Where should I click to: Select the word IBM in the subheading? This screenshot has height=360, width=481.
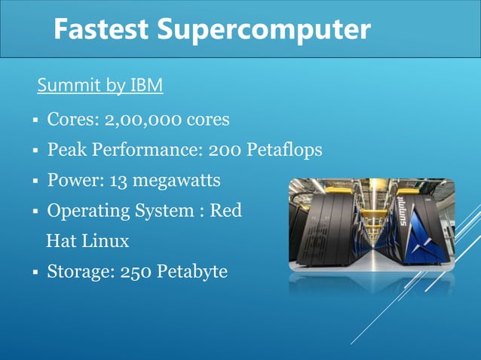(x=146, y=86)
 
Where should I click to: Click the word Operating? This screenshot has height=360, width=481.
(x=84, y=211)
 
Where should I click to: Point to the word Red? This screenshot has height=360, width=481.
(x=225, y=211)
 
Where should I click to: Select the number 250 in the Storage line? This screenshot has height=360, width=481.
(x=136, y=271)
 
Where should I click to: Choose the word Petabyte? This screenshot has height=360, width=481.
(x=191, y=271)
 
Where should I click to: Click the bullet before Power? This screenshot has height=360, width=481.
(x=35, y=182)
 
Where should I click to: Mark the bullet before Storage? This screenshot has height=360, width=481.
(x=35, y=272)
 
